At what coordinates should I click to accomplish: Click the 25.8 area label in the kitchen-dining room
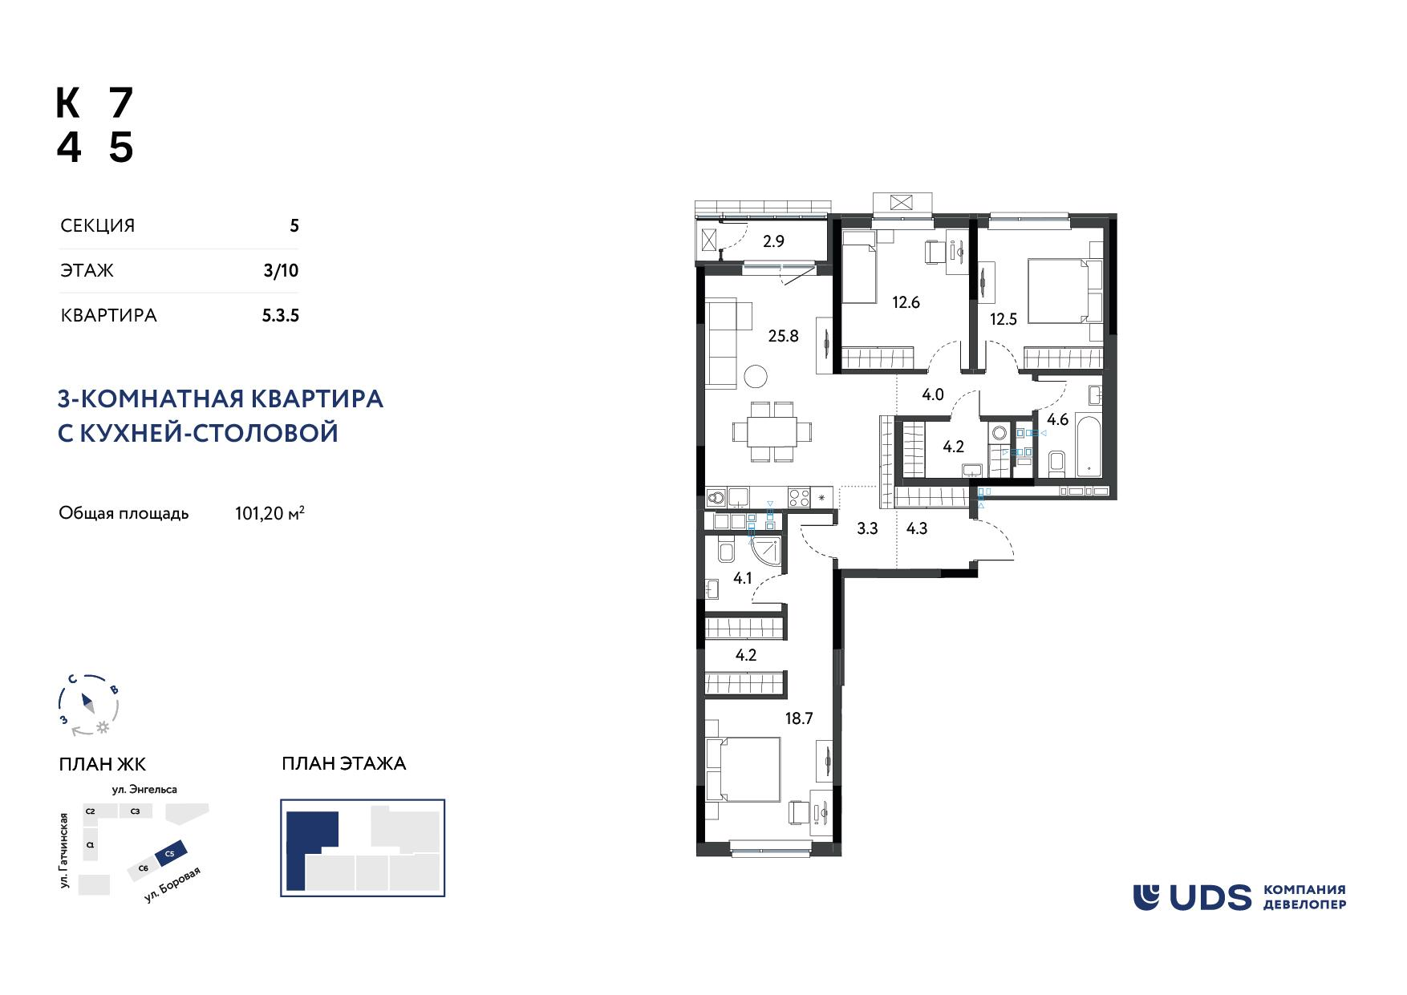783,336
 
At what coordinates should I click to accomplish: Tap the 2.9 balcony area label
773,241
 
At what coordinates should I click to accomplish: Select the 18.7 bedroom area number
799,718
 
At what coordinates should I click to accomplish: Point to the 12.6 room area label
906,302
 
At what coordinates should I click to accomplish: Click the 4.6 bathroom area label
1058,419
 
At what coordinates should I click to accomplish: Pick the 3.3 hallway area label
867,528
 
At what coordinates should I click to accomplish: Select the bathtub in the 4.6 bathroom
1089,442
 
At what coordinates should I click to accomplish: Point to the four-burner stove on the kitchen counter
799,497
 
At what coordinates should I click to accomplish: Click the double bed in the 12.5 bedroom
1061,290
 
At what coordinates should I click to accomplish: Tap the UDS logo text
1211,897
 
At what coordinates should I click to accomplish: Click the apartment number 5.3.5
281,316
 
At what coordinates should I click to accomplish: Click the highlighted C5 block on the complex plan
171,853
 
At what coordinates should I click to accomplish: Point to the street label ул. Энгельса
145,790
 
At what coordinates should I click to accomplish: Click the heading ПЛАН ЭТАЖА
344,763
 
